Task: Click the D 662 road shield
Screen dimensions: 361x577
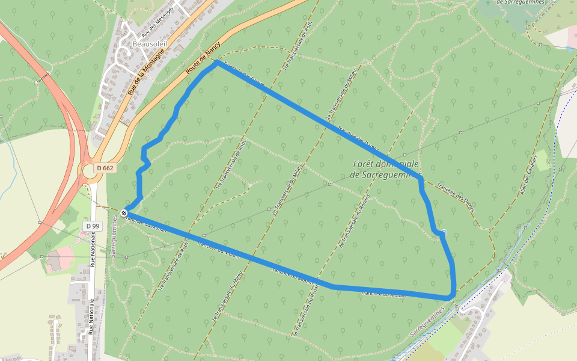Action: tap(104, 168)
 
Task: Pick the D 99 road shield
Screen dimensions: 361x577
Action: tap(92, 225)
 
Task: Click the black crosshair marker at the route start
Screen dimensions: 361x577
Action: tap(124, 212)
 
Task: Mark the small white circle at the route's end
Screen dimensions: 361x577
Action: tap(444, 232)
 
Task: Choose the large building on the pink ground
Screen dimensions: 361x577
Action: tap(53, 260)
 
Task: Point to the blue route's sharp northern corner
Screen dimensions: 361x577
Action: tap(216, 61)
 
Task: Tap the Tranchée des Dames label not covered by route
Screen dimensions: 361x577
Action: tap(457, 197)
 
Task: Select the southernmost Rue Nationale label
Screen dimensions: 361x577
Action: tap(91, 316)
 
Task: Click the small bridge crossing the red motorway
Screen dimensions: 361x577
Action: tap(43, 78)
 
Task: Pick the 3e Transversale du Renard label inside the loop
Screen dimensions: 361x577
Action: tap(355, 223)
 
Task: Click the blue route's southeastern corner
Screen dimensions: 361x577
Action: tap(450, 297)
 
